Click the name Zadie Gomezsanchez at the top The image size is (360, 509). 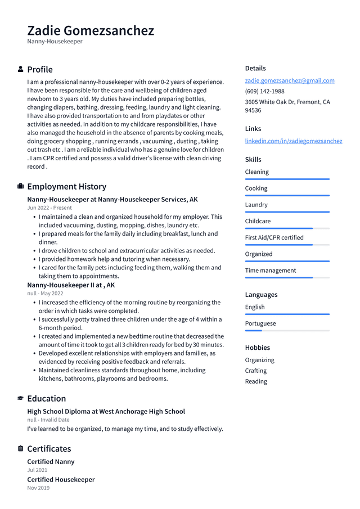pos(91,30)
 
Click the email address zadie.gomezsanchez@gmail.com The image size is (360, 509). pos(290,80)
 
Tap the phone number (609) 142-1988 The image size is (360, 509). pos(264,91)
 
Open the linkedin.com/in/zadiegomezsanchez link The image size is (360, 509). pos(293,141)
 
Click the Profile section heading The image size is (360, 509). pos(40,70)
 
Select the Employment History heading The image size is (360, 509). pos(66,187)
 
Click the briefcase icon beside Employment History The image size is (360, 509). pos(21,186)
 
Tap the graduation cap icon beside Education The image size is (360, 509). pos(21,398)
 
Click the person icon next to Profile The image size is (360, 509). pos(21,69)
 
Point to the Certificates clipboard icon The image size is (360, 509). pos(21,449)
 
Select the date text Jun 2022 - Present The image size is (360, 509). pos(49,208)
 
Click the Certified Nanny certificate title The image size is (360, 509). pos(51,462)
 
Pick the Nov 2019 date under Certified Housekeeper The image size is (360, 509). pos(38,488)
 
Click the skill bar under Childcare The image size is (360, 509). pos(287,228)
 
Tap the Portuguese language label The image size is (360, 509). pos(260,323)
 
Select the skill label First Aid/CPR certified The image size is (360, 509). pos(274,237)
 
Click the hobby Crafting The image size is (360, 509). pos(256,371)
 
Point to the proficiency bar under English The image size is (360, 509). pos(287,314)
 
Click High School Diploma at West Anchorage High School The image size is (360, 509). pos(106,412)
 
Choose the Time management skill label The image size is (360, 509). pos(270,271)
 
